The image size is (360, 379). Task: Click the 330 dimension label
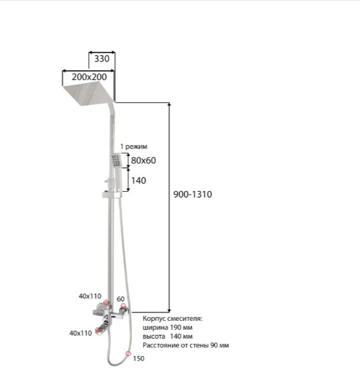pyautogui.click(x=101, y=59)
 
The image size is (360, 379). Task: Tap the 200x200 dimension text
pyautogui.click(x=89, y=77)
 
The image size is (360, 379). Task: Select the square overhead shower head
pyautogui.click(x=88, y=93)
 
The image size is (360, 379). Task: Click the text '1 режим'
pyautogui.click(x=133, y=146)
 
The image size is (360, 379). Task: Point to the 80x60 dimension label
pyautogui.click(x=144, y=160)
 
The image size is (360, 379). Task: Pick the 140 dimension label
pyautogui.click(x=139, y=181)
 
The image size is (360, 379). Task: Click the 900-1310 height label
pyautogui.click(x=193, y=194)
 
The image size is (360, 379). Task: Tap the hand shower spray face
pyautogui.click(x=116, y=160)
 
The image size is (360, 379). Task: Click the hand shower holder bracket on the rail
pyautogui.click(x=112, y=194)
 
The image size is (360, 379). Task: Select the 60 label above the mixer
pyautogui.click(x=121, y=299)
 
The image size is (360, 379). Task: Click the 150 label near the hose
pyautogui.click(x=139, y=359)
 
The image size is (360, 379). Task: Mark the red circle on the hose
pyautogui.click(x=128, y=353)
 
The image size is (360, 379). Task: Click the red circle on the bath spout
pyautogui.click(x=98, y=330)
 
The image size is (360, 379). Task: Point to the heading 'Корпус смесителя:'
pyautogui.click(x=172, y=318)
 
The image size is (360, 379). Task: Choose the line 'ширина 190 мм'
pyautogui.click(x=168, y=327)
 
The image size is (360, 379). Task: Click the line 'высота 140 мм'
pyautogui.click(x=168, y=336)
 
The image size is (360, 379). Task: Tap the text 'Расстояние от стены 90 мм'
pyautogui.click(x=186, y=345)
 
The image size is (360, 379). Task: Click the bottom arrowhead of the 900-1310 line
pyautogui.click(x=169, y=311)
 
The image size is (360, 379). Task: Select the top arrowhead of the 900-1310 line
pyautogui.click(x=169, y=105)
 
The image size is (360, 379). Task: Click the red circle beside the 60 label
pyautogui.click(x=123, y=306)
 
